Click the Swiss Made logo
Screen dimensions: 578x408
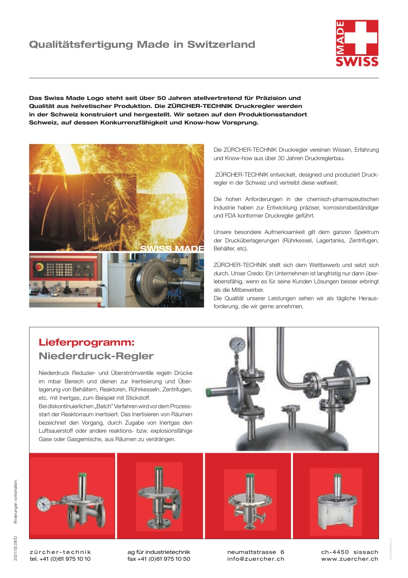[x=357, y=43]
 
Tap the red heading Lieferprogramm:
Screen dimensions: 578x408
[x=87, y=342]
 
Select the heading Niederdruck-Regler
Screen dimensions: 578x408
[x=96, y=356]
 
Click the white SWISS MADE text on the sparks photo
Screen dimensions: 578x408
[x=172, y=249]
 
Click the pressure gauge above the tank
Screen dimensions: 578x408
[x=237, y=344]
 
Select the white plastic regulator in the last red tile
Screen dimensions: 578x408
[x=336, y=510]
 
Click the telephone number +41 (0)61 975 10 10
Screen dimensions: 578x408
[x=65, y=559]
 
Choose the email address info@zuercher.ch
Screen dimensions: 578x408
[x=256, y=559]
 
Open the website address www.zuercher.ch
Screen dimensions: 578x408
[x=349, y=559]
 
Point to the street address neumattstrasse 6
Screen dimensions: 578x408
[x=256, y=552]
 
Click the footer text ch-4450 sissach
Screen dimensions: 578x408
[x=349, y=552]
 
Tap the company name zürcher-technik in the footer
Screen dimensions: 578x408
[x=61, y=552]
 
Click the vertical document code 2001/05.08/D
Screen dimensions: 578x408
[x=15, y=548]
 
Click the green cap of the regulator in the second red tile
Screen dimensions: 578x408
[x=159, y=468]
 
